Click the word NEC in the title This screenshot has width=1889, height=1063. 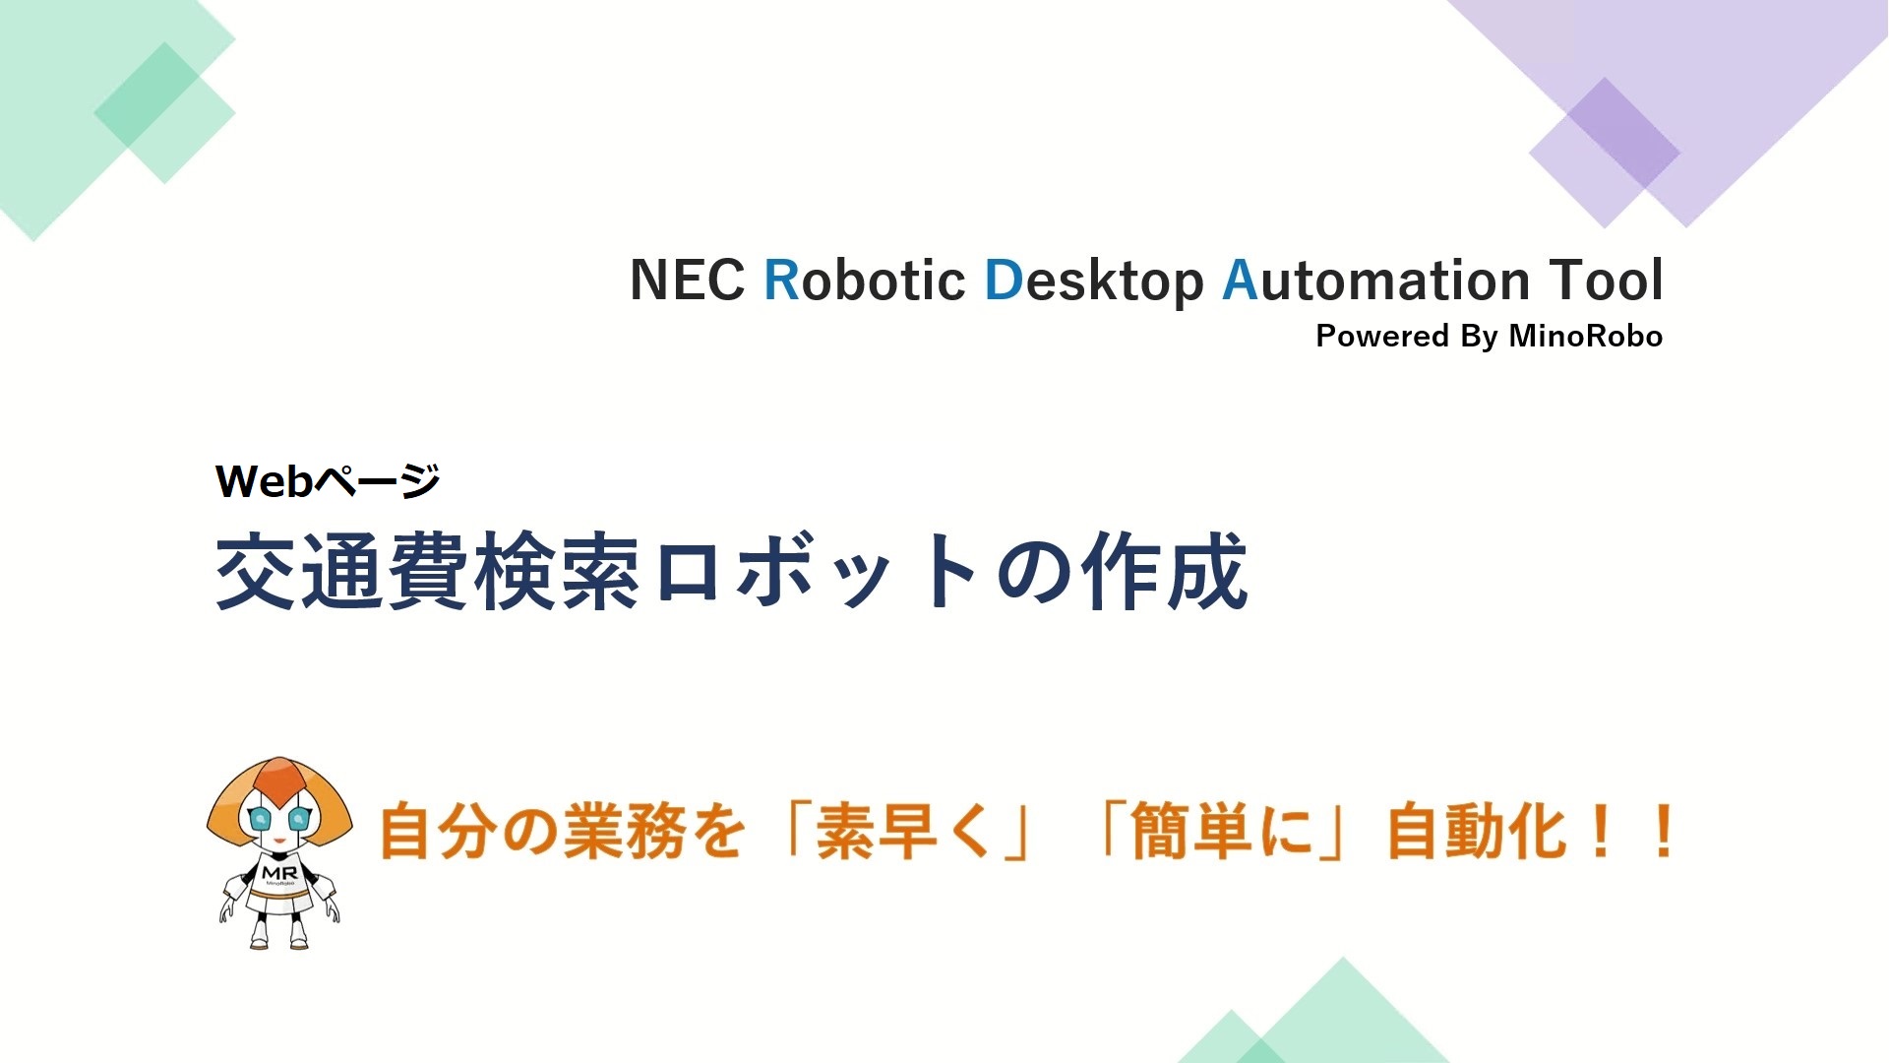click(687, 281)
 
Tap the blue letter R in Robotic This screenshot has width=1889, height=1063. click(782, 281)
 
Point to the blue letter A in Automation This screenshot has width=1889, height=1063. click(1240, 281)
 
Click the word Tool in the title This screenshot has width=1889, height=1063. click(1606, 280)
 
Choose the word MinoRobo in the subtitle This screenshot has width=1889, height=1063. click(1586, 336)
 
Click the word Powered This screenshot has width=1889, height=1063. click(1382, 336)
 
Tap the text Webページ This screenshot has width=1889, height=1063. click(328, 481)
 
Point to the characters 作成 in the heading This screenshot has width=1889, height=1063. click(1165, 572)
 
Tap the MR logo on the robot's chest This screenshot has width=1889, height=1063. click(279, 873)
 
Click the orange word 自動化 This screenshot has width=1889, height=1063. click(1476, 832)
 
